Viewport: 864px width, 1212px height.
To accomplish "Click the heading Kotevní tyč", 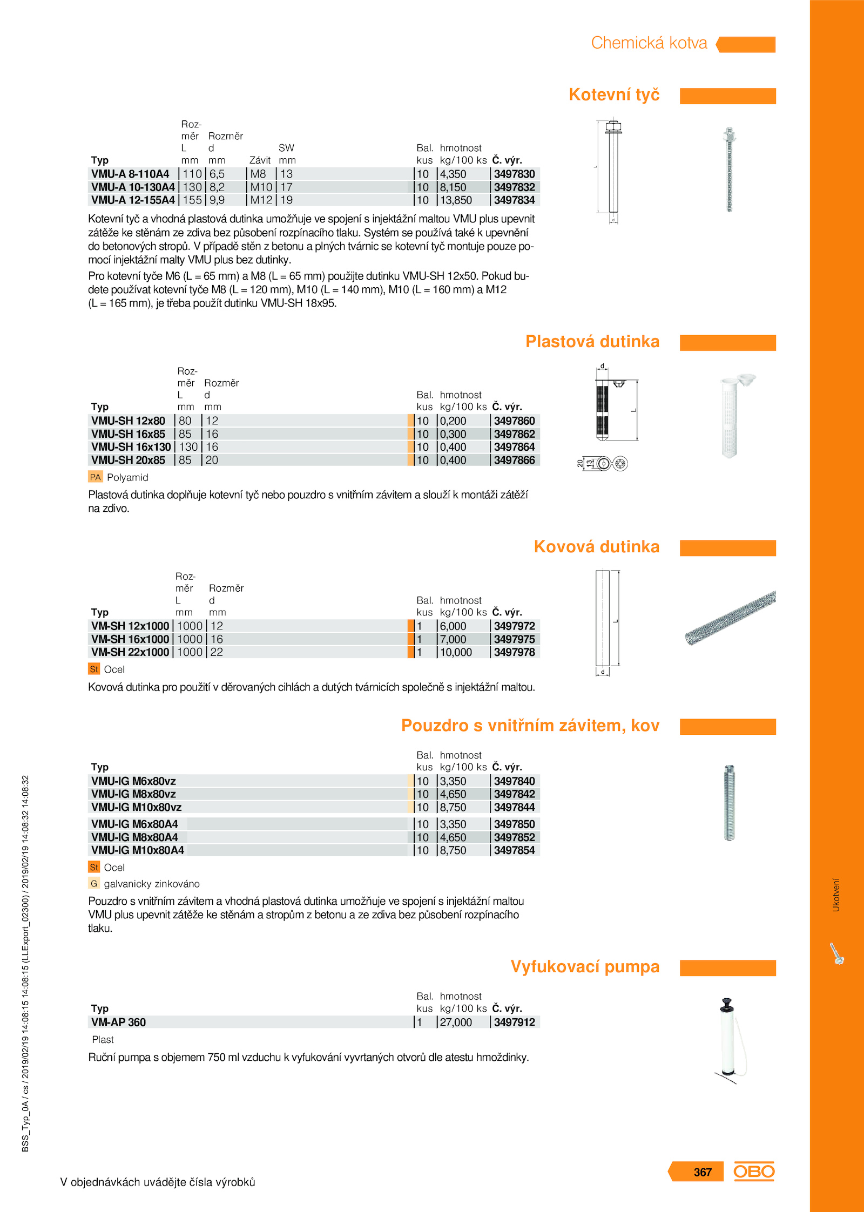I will click(614, 95).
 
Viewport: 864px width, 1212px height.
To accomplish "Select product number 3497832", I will click(514, 187).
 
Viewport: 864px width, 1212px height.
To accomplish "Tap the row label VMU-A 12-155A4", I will click(133, 200).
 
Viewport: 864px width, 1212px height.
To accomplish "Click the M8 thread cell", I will click(258, 174).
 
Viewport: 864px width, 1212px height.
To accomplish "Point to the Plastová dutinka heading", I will click(592, 342).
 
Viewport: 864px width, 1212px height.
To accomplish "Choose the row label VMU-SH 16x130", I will click(131, 447).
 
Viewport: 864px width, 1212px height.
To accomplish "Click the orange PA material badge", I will click(95, 477).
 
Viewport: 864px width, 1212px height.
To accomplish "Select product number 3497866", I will click(514, 461).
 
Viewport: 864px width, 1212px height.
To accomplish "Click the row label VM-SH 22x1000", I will click(130, 652).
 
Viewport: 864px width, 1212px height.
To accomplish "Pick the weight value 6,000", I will click(453, 626).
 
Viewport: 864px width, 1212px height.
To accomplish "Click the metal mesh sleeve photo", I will click(730, 619).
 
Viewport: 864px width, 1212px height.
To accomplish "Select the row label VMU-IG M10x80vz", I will click(136, 808).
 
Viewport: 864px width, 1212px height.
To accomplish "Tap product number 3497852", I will click(514, 837).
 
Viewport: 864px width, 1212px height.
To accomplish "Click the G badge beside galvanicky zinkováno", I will click(94, 884).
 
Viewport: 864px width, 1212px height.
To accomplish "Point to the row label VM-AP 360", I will click(118, 1023).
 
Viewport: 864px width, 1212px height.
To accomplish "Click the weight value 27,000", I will click(456, 1023).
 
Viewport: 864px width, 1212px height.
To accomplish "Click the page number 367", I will click(703, 1172).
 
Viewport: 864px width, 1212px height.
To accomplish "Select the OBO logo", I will click(754, 1172).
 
